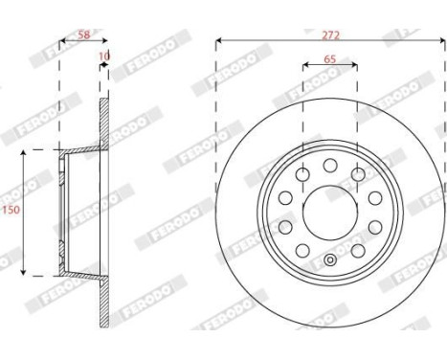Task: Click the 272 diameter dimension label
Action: pyautogui.click(x=331, y=34)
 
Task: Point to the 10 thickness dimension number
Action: pyautogui.click(x=104, y=57)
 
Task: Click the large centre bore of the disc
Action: pyautogui.click(x=331, y=212)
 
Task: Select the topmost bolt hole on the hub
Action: pyautogui.click(x=331, y=166)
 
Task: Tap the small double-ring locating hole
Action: pyautogui.click(x=331, y=260)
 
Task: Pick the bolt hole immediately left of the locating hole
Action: pyautogui.click(x=303, y=251)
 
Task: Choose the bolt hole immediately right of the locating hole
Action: pyautogui.click(x=359, y=251)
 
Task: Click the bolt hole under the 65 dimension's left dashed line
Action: pyautogui.click(x=303, y=174)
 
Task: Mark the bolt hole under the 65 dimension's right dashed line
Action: pyautogui.click(x=359, y=174)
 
